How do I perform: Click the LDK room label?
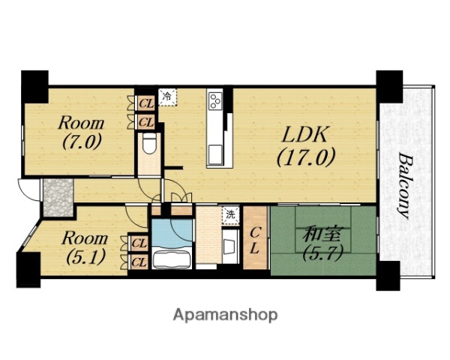click(x=304, y=135)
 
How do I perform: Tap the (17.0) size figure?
click(x=306, y=158)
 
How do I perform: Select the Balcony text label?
click(x=405, y=187)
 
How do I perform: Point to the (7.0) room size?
click(x=81, y=142)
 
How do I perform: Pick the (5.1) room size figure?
click(x=85, y=257)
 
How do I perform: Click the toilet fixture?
click(x=149, y=145)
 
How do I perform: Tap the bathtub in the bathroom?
click(x=172, y=259)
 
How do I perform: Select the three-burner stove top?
click(x=216, y=100)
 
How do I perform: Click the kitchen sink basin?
click(x=215, y=154)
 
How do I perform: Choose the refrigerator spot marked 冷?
click(x=167, y=97)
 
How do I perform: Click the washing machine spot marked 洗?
click(x=231, y=214)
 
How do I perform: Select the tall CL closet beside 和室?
click(x=255, y=238)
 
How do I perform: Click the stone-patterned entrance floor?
click(x=58, y=197)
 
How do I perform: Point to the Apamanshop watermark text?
click(x=225, y=316)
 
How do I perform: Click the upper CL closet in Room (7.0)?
click(x=146, y=103)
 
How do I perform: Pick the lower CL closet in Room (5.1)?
click(x=139, y=262)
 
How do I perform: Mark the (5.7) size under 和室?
click(x=323, y=253)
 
